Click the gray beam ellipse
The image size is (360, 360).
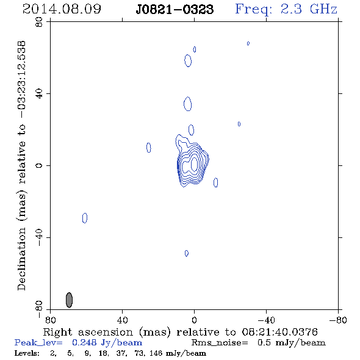69,300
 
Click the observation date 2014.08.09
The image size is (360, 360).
62,9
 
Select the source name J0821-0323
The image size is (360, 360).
175,9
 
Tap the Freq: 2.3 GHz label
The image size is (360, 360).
286,9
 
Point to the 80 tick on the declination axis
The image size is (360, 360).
39,22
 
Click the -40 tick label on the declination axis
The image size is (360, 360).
39,237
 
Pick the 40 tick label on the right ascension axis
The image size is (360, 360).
122,320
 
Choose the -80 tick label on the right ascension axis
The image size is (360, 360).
338,320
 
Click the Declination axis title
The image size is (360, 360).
21,165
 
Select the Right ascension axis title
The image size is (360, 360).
180,332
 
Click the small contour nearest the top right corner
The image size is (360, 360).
248,43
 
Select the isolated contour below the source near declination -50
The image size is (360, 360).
187,253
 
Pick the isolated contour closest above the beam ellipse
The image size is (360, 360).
85,218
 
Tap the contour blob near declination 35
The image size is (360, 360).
188,104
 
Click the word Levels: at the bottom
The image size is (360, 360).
27,353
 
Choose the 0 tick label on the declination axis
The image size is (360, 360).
39,165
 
